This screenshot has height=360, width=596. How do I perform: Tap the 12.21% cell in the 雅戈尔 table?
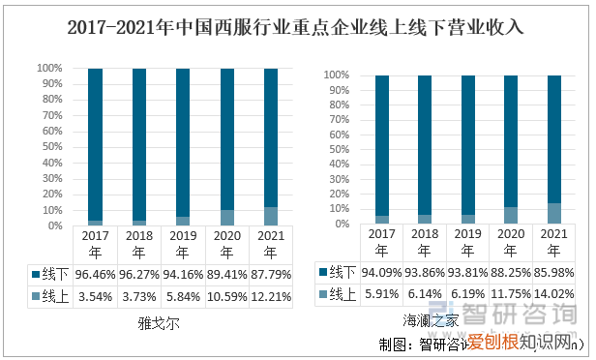click(x=272, y=296)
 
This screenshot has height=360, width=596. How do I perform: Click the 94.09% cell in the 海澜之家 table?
click(x=381, y=273)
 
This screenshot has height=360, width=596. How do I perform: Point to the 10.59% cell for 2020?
click(x=227, y=296)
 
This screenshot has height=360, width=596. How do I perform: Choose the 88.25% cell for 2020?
click(x=510, y=273)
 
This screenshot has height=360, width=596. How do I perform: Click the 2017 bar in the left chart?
click(x=95, y=145)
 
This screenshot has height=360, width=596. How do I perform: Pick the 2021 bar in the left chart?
click(x=271, y=145)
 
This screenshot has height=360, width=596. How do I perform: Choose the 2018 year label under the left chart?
click(x=139, y=243)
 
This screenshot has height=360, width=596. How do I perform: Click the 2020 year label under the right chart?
click(x=510, y=241)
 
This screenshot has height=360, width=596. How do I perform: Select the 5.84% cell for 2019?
click(x=184, y=296)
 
